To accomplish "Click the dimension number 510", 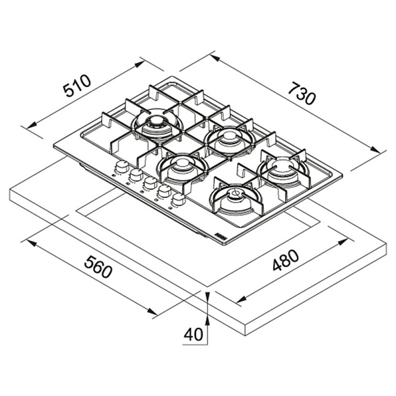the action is [x=77, y=86].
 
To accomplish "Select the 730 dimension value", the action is [x=302, y=93].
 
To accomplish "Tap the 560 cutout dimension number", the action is [x=98, y=267].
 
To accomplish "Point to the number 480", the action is [x=286, y=260].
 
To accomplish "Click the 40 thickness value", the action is [x=193, y=335].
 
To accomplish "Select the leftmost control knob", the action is [x=122, y=167].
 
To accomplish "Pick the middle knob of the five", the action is [x=150, y=183].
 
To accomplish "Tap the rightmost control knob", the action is [x=178, y=199].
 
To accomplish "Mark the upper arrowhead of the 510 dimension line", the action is [x=139, y=64].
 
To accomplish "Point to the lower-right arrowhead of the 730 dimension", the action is [x=375, y=150].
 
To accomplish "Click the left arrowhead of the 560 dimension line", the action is [x=32, y=243].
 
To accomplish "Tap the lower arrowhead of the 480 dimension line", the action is [x=241, y=299].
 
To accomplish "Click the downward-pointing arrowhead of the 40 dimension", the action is [x=208, y=296].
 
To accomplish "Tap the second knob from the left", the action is [x=136, y=175].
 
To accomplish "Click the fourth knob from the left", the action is [x=164, y=191].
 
